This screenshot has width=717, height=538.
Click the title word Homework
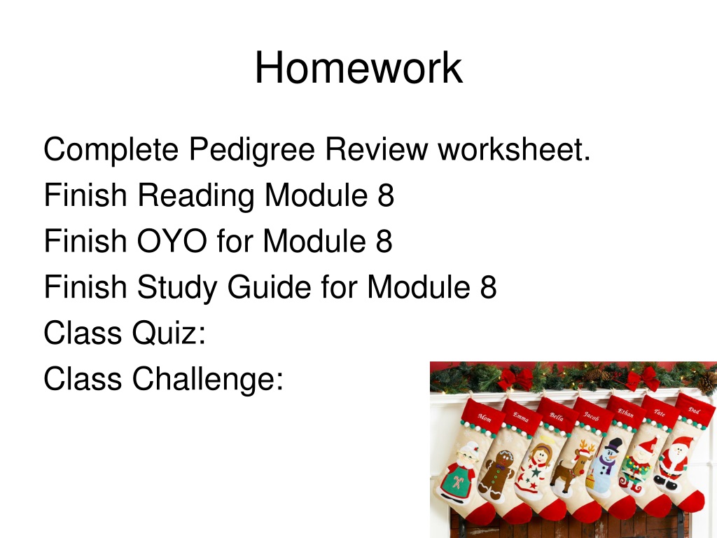(x=358, y=68)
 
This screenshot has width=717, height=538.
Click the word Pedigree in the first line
(x=252, y=150)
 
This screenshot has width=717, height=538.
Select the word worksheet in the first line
(x=515, y=149)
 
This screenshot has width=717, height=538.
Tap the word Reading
(x=196, y=196)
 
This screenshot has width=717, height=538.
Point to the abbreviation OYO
(x=172, y=241)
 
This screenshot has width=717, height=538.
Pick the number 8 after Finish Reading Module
(x=386, y=195)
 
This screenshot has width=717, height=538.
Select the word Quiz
(x=169, y=333)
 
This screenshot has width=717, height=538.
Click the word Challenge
(x=208, y=379)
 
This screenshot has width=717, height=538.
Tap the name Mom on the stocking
(x=485, y=418)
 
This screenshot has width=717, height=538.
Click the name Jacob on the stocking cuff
(x=591, y=416)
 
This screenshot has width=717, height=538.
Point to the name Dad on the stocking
(x=694, y=411)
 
